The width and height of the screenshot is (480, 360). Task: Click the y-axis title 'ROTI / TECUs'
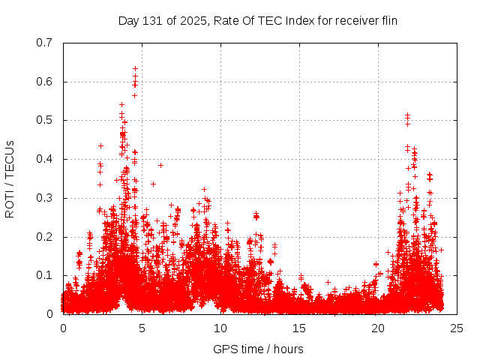pos(10,178)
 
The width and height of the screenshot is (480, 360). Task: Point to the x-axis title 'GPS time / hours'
pos(259,349)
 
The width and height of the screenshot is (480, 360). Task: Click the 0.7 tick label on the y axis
pos(44,43)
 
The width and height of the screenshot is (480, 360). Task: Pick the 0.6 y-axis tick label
pos(44,82)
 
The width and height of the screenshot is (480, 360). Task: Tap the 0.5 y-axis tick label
pos(44,120)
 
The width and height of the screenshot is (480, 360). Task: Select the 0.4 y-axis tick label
pos(44,159)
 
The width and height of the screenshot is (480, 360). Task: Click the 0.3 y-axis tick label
pos(44,198)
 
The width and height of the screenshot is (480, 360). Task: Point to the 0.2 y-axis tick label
pos(44,237)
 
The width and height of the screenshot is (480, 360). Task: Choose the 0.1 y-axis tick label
pos(44,276)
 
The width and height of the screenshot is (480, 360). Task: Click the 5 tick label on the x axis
pos(142,328)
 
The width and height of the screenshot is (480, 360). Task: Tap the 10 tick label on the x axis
pos(220,328)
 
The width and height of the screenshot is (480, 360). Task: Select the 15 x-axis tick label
pos(299,328)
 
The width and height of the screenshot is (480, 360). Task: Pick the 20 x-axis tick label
pos(378,328)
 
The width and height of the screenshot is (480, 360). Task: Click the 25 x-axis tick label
pos(457,328)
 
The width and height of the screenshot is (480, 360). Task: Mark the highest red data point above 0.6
pos(135,68)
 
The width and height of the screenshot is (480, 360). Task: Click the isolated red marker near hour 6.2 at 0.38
pos(160,165)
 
